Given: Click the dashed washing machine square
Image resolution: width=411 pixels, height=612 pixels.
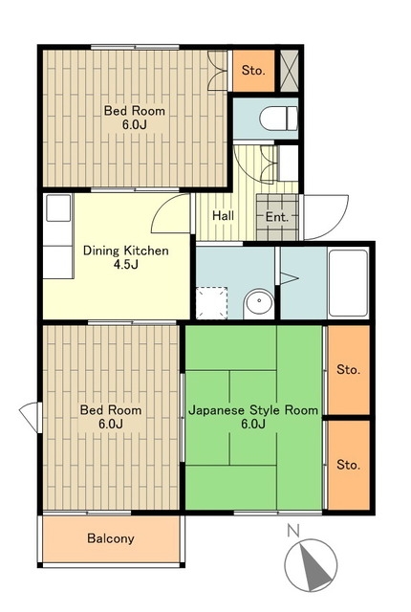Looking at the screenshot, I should coord(211,303).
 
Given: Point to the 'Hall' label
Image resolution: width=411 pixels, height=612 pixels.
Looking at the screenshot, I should coord(223,216).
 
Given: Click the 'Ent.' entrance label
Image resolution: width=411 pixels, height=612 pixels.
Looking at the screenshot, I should coord(277,217).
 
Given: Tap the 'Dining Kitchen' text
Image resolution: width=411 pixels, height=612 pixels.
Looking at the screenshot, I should coord(125,251).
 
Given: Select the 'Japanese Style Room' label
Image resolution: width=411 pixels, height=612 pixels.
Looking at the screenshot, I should coord(253,410).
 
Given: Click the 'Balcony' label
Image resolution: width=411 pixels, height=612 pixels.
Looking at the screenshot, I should coord(111,538).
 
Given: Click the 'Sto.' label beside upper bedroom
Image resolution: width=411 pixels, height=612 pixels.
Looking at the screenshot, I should coord(253,71).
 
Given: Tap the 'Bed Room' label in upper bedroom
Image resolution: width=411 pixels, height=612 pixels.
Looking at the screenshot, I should coord(134,111).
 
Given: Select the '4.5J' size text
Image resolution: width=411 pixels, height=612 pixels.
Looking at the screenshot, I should coord(125,265).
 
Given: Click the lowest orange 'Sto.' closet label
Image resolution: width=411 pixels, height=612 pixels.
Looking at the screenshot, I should coord(348,465).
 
